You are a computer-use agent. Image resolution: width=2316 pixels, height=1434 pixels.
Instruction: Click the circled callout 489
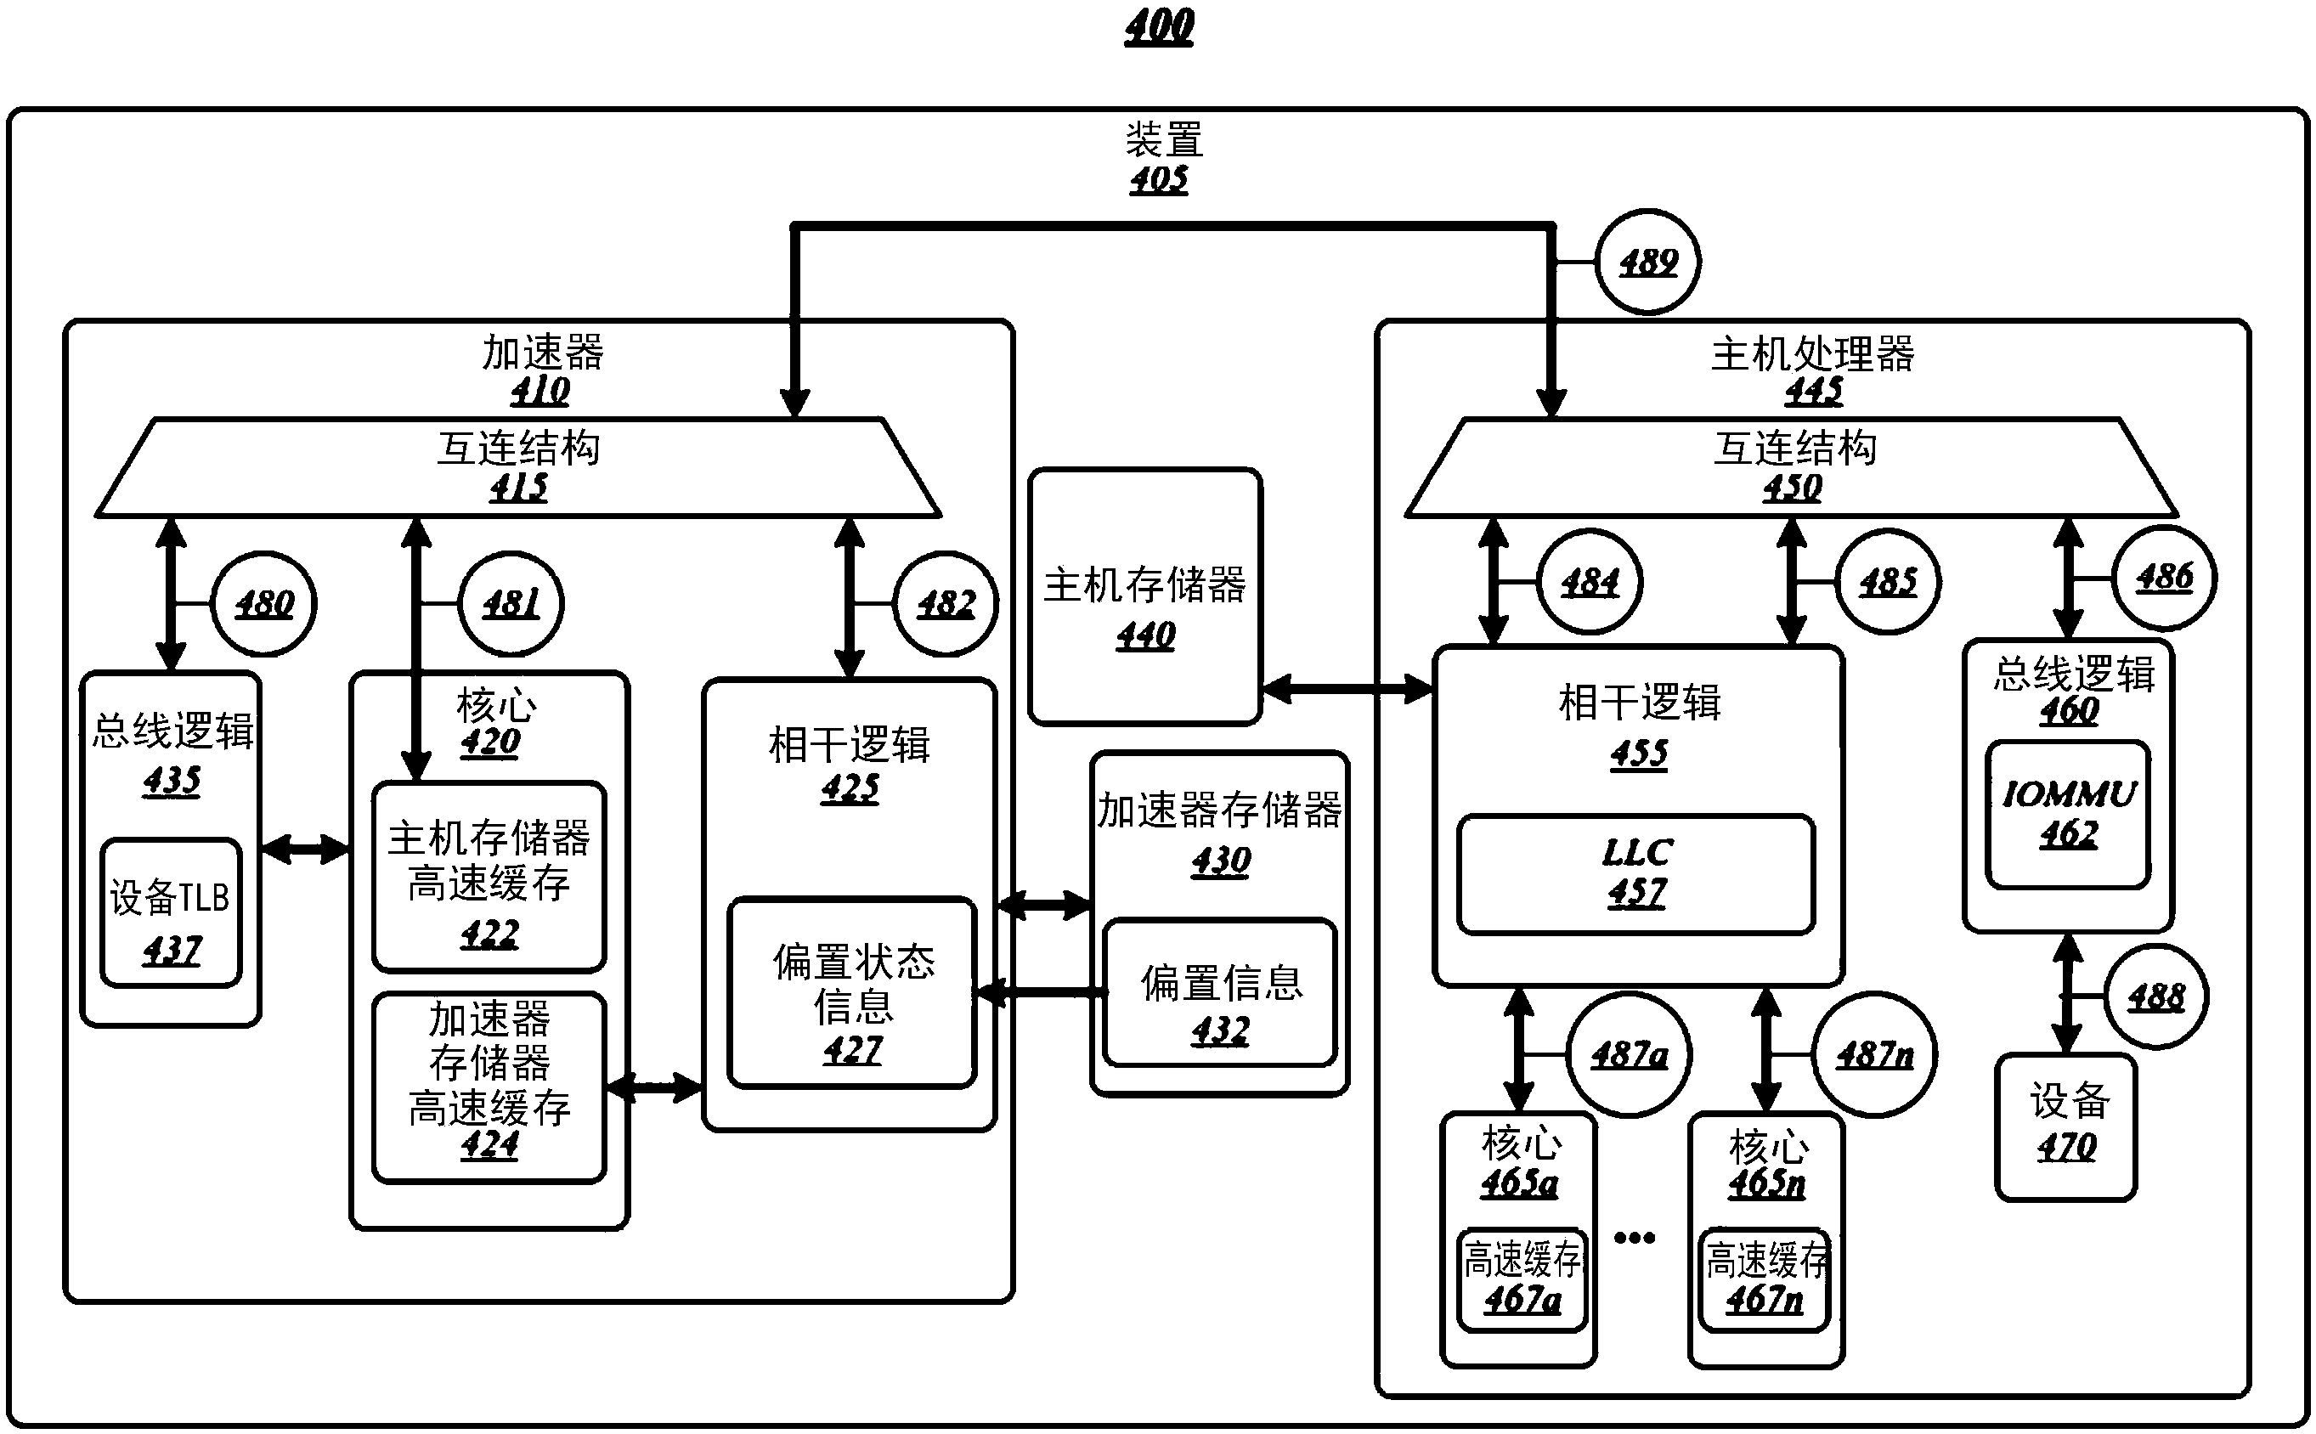[1648, 262]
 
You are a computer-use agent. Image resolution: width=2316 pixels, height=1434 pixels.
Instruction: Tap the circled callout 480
[263, 603]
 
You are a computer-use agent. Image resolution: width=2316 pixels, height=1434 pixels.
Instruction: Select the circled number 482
[946, 603]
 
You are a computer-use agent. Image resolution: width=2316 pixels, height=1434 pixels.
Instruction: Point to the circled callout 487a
[1629, 1053]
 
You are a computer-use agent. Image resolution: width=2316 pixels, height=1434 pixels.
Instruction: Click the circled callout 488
[2155, 996]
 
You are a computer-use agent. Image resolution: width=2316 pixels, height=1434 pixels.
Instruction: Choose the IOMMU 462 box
[2068, 815]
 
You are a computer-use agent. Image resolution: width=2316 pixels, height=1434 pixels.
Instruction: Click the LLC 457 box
[1636, 873]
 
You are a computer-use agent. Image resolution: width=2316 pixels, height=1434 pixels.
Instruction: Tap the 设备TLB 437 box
[171, 912]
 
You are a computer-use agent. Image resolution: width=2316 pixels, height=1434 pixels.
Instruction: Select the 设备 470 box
[2065, 1127]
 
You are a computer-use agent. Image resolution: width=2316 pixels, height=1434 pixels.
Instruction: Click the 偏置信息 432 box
[1220, 993]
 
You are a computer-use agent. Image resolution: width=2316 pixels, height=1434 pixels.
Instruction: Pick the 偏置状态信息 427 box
[851, 992]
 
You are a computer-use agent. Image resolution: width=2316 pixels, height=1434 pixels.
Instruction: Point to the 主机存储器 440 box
[1144, 596]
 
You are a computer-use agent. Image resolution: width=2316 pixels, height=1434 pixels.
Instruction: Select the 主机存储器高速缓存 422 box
[489, 877]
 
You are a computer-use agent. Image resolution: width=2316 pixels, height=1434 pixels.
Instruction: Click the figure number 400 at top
[1159, 25]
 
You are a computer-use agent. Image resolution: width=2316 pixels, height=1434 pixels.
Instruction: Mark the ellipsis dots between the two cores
[1634, 1238]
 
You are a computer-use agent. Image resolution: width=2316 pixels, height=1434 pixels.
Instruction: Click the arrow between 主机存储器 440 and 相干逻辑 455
[1347, 690]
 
